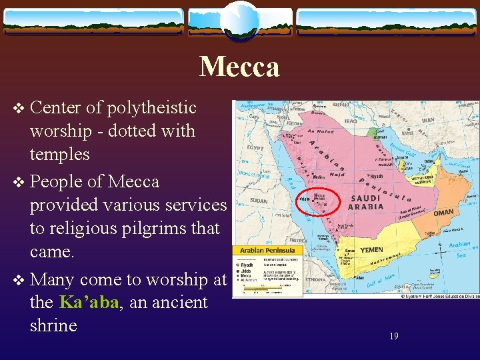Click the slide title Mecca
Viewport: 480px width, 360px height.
tap(239, 67)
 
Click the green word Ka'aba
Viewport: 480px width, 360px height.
tap(89, 302)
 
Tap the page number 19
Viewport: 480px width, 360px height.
tap(393, 336)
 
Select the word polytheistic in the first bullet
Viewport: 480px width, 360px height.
tap(151, 107)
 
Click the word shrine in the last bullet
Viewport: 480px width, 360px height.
tap(53, 325)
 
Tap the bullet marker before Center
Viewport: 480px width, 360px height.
tap(19, 108)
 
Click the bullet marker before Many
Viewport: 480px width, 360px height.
tap(19, 280)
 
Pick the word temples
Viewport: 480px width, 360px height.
tap(59, 155)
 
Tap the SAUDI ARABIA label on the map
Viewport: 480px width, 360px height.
tap(366, 203)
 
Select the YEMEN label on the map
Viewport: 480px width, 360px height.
tap(372, 251)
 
